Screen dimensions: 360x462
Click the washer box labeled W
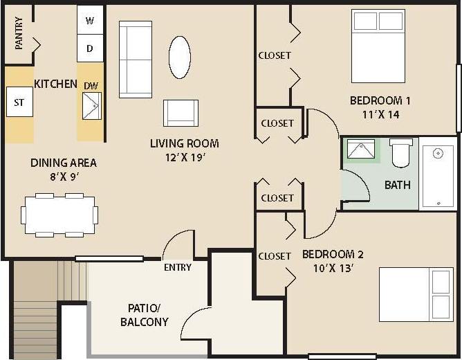[90, 21]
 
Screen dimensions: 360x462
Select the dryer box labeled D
[90, 48]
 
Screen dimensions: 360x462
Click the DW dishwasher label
[91, 85]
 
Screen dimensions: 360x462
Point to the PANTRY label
[19, 33]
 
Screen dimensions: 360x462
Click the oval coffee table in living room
[180, 57]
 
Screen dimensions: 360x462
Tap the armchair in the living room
[181, 113]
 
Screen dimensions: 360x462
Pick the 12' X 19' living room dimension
[184, 157]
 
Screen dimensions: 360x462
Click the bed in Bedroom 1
[378, 46]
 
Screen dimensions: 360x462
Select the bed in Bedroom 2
[416, 294]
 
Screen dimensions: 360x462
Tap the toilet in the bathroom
[401, 153]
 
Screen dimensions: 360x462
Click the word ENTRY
[178, 267]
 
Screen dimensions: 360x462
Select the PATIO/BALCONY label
[144, 314]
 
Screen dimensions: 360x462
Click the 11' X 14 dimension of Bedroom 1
[375, 115]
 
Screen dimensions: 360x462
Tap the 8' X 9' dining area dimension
[63, 177]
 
